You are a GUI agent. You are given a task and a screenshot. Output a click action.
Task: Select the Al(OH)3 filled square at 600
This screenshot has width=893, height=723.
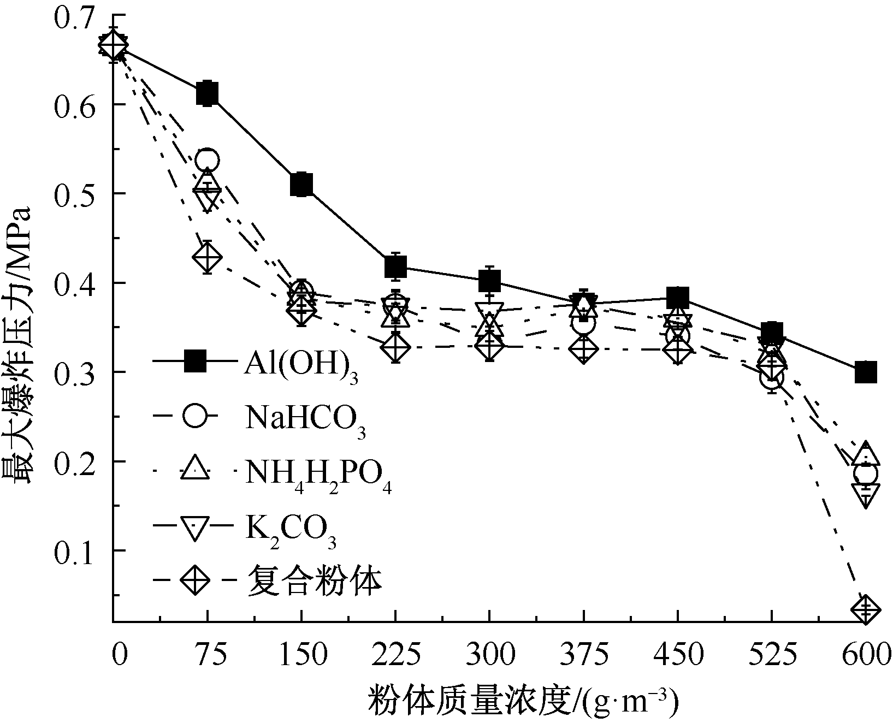point(866,372)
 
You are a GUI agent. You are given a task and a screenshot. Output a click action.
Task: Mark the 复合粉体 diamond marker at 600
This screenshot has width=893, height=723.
point(866,608)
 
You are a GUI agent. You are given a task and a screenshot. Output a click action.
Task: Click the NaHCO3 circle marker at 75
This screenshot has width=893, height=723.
point(208,161)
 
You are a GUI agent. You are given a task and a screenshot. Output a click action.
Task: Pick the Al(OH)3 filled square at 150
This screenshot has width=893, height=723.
point(301,185)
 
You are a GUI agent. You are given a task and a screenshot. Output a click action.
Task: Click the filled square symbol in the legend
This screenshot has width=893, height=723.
point(194,361)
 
